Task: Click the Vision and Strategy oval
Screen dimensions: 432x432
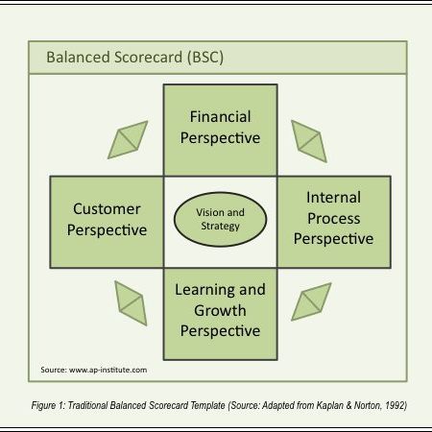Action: pos(220,219)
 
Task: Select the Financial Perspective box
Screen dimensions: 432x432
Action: pos(220,131)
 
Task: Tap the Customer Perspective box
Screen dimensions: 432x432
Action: pos(107,222)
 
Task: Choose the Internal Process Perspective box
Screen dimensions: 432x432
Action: pos(334,222)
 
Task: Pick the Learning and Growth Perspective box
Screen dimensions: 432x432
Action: pos(220,314)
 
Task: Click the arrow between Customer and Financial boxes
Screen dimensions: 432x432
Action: pos(128,140)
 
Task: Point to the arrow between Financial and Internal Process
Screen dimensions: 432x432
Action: pos(309,141)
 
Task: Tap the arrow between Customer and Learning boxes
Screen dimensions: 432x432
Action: pos(131,303)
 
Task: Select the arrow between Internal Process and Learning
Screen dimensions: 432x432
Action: pos(311,301)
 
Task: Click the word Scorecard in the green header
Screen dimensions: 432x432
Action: pos(148,58)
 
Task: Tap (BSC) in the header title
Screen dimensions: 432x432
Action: pos(205,58)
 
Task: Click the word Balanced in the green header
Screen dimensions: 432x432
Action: pos(79,58)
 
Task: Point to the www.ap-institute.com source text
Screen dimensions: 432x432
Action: pos(108,370)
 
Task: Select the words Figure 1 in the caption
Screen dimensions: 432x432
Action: pos(48,406)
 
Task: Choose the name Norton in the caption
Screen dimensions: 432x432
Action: pos(368,405)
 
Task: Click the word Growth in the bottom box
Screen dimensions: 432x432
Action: pos(220,311)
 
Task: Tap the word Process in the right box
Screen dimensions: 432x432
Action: pos(334,219)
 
